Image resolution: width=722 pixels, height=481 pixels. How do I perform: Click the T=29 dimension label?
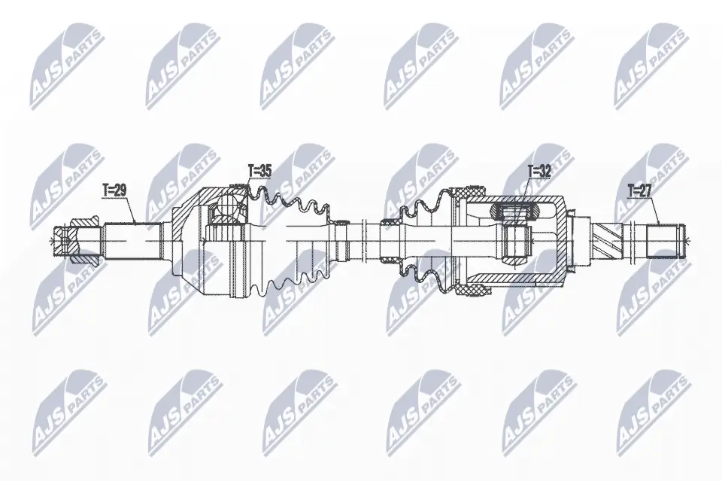point(114,190)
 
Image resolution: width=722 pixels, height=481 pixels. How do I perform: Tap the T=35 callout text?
point(259,171)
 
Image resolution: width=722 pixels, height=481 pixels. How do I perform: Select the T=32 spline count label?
point(539,172)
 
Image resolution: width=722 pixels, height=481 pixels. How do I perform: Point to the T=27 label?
point(640,190)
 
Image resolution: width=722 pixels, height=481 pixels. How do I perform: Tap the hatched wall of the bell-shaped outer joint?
point(189,209)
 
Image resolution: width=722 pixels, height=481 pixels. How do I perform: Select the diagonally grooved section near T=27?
point(607,241)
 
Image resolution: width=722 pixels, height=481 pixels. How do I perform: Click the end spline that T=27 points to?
point(664,241)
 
